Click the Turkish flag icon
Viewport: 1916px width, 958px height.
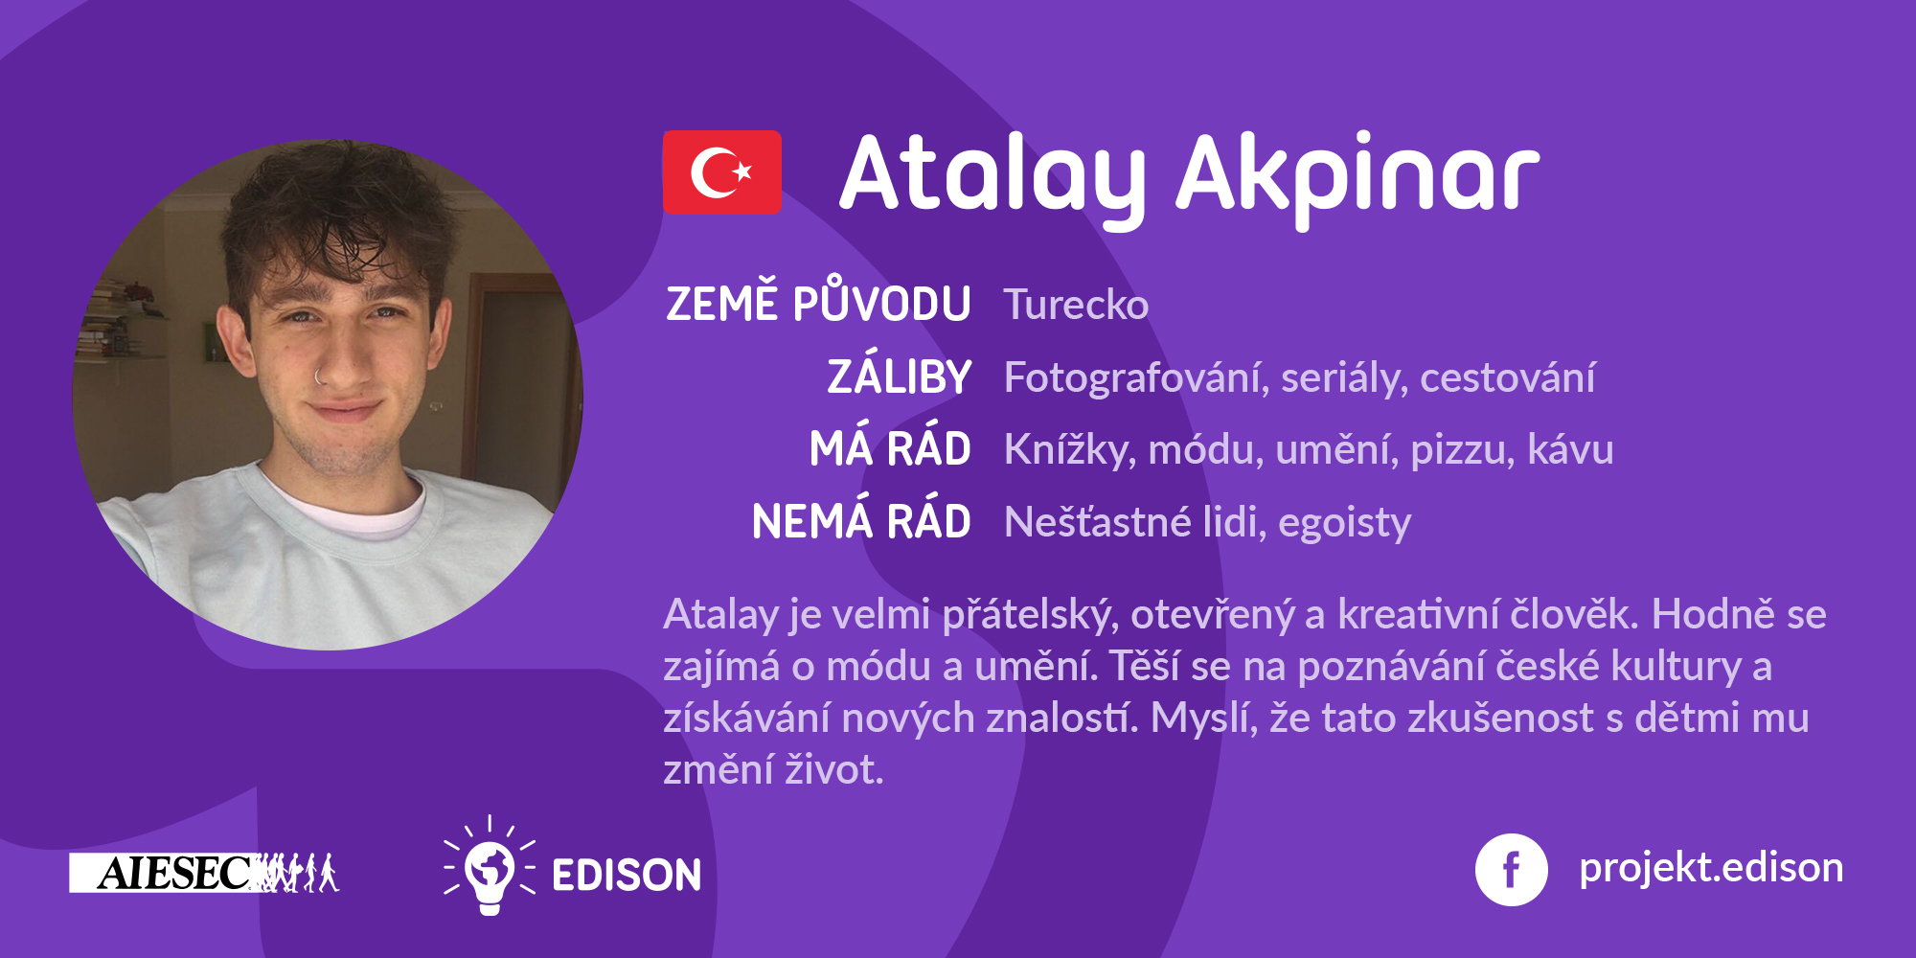click(x=722, y=172)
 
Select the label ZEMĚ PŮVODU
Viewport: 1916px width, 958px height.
click(x=818, y=301)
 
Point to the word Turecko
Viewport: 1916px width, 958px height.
click(x=1076, y=305)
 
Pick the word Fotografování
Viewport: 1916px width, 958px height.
click(x=1137, y=377)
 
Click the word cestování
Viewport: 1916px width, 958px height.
click(x=1508, y=376)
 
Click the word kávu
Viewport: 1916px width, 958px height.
click(x=1570, y=449)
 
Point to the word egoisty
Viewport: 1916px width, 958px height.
click(x=1345, y=523)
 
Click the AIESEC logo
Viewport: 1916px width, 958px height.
click(x=204, y=873)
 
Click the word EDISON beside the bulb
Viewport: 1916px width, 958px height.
click(x=627, y=876)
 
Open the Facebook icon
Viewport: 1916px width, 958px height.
click(x=1511, y=870)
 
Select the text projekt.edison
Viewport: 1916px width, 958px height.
click(x=1711, y=868)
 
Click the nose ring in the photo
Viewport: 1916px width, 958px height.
click(x=319, y=376)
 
